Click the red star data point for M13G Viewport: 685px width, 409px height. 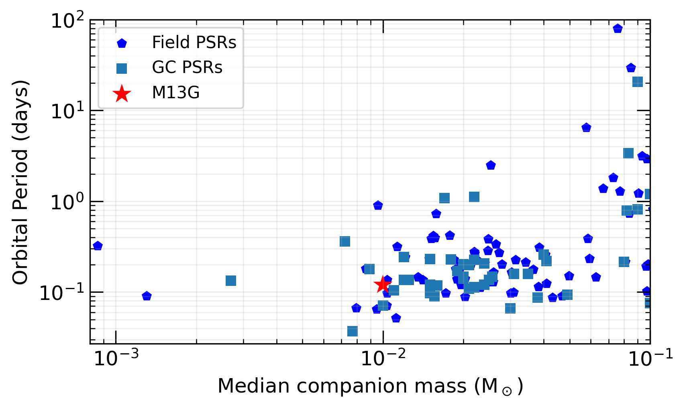click(382, 285)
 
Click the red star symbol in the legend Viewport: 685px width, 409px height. click(122, 93)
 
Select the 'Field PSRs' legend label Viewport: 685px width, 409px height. click(194, 42)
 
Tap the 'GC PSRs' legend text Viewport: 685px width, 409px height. click(187, 67)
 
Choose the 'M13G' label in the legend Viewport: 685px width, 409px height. click(176, 93)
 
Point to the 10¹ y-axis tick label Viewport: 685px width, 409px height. click(67, 111)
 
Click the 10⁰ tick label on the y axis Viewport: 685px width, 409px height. click(67, 202)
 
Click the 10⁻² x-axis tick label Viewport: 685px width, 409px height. click(383, 358)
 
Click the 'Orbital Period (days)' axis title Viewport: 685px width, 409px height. click(20, 182)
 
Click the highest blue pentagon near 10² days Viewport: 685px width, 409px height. click(618, 28)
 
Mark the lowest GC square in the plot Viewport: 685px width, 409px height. click(352, 331)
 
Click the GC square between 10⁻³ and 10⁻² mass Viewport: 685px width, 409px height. click(230, 281)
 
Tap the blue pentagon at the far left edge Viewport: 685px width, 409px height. click(97, 246)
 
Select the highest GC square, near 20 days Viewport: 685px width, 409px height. click(637, 82)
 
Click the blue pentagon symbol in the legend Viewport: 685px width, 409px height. click(122, 43)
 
